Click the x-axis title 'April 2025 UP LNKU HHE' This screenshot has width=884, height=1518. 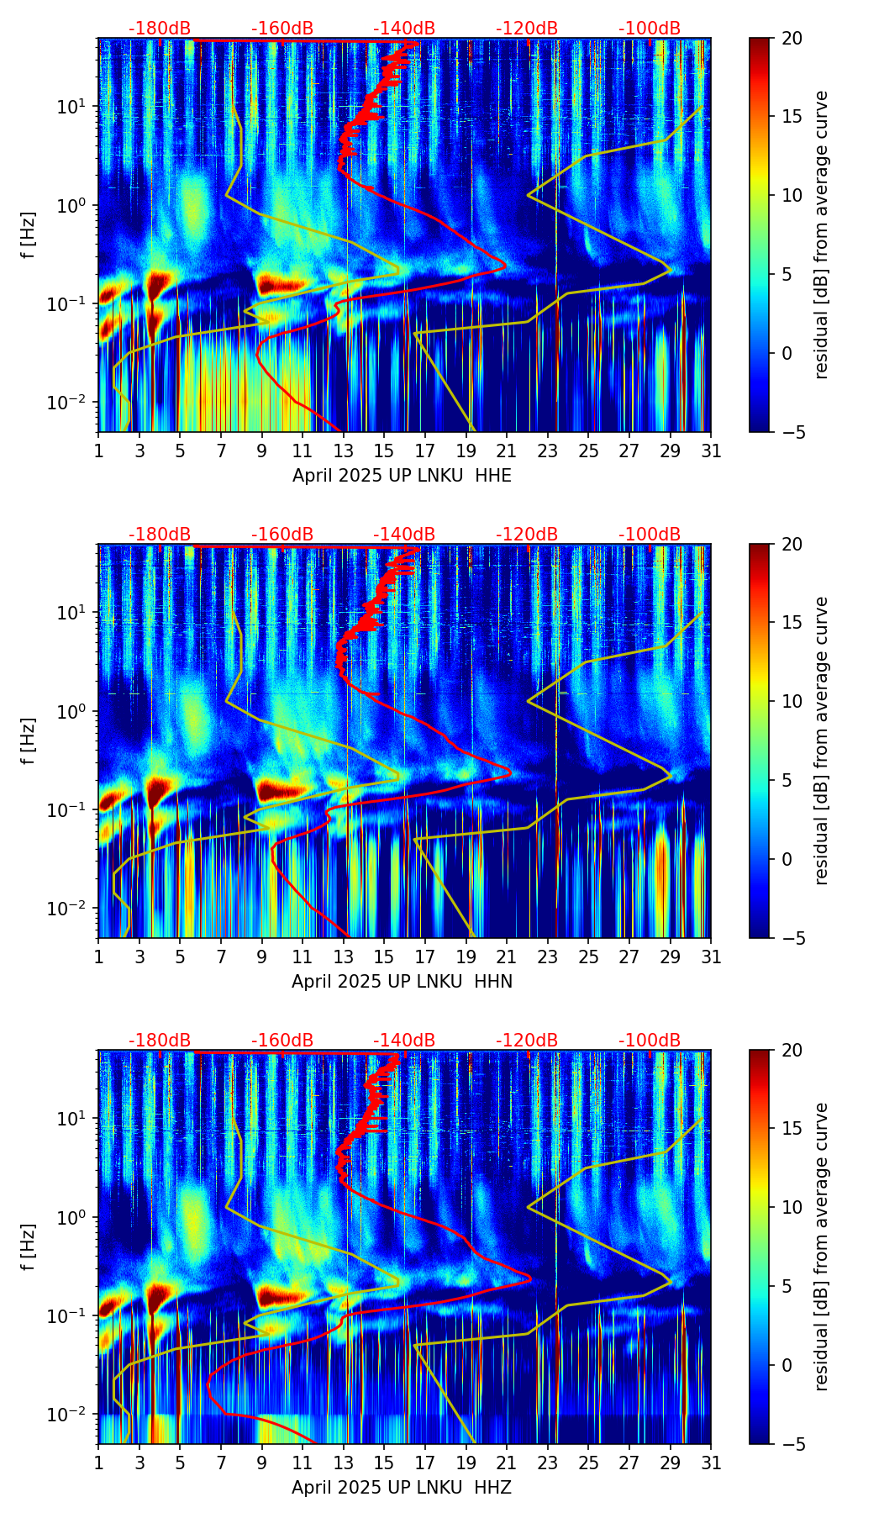point(402,476)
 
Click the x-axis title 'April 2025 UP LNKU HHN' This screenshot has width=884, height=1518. point(402,982)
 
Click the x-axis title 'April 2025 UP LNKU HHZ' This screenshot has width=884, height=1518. point(402,1488)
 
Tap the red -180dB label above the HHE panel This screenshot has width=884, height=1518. point(160,29)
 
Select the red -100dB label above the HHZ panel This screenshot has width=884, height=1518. point(650,1041)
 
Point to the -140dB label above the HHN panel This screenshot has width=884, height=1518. point(404,535)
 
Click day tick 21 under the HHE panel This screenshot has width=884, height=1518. point(507,451)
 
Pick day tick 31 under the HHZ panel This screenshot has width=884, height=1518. point(711,1463)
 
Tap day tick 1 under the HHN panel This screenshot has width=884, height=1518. point(99,957)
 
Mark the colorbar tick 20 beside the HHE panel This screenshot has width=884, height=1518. point(791,38)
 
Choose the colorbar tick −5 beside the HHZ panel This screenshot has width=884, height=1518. point(791,1444)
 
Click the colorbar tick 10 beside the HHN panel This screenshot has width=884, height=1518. point(791,701)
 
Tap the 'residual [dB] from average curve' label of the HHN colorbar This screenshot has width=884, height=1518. point(822,741)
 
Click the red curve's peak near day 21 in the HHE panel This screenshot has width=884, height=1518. point(506,266)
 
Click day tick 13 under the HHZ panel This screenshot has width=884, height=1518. point(344,1463)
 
